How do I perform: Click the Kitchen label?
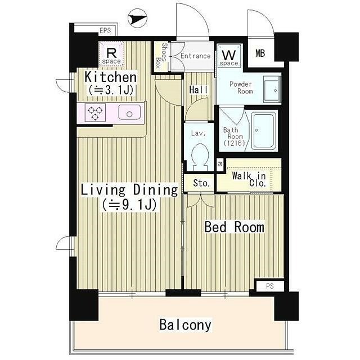pos(110,77)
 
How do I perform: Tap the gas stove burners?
pos(95,112)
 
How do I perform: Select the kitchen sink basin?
pos(129,112)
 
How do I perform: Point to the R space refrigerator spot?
pos(112,54)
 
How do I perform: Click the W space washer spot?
pos(229,56)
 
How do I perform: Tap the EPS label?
pos(105,30)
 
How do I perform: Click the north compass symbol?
pos(137,18)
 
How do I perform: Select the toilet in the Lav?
pos(199,157)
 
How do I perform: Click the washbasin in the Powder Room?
pos(272,89)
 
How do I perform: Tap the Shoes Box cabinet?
pos(161,56)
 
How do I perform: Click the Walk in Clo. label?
pos(249,179)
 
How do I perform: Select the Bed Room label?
pos(234,227)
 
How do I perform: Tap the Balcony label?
pos(185,325)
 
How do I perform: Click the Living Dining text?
pos(129,190)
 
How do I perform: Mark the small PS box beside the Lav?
pos(220,164)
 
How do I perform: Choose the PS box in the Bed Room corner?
pos(270,286)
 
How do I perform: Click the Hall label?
pos(199,90)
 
